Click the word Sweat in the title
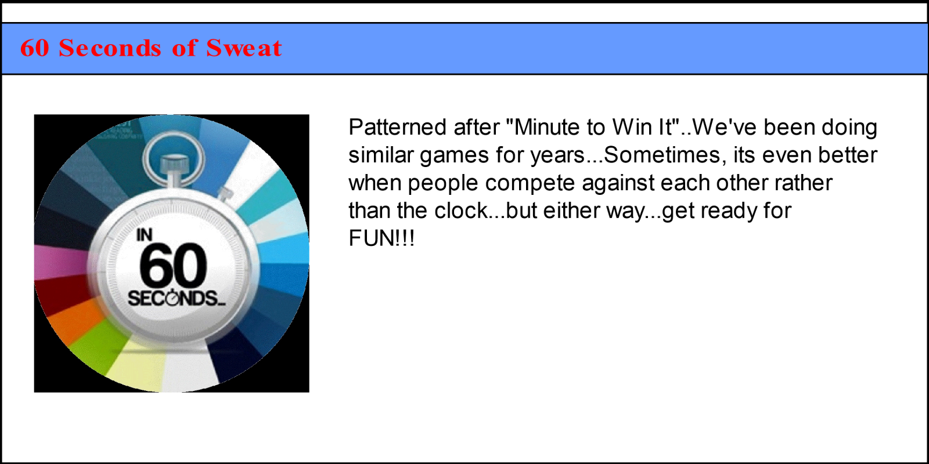(244, 48)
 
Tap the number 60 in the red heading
(34, 48)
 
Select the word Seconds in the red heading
(110, 48)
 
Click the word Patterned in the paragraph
(397, 127)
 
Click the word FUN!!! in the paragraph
(381, 238)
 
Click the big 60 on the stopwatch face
(172, 264)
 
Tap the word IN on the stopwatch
(145, 235)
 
